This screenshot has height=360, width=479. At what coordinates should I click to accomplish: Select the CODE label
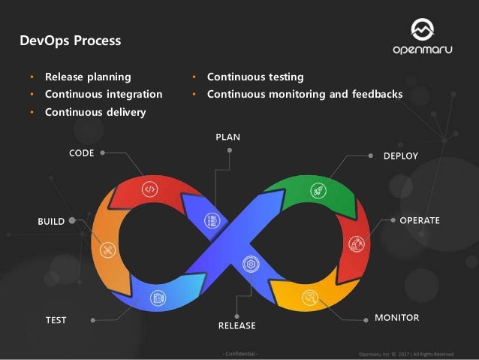coord(81,153)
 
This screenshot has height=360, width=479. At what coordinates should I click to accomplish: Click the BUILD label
coord(52,222)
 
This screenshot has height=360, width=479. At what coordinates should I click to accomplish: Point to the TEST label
coord(56,320)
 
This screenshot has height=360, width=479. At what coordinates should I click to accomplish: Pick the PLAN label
coord(228,137)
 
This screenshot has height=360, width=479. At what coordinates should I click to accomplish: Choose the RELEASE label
coord(236,325)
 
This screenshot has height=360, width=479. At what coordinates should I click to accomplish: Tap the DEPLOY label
coord(400,156)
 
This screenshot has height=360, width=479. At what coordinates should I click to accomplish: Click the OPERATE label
coord(420,220)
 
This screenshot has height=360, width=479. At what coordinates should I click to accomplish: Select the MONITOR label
coord(396,318)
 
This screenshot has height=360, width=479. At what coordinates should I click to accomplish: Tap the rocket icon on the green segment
coord(317,190)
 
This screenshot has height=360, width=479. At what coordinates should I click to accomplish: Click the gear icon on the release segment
coord(249,264)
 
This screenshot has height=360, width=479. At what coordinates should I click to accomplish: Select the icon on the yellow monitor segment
coord(309,295)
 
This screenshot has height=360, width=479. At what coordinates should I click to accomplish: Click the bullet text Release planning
coord(87,77)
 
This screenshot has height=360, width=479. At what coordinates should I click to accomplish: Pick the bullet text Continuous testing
coord(255,77)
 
